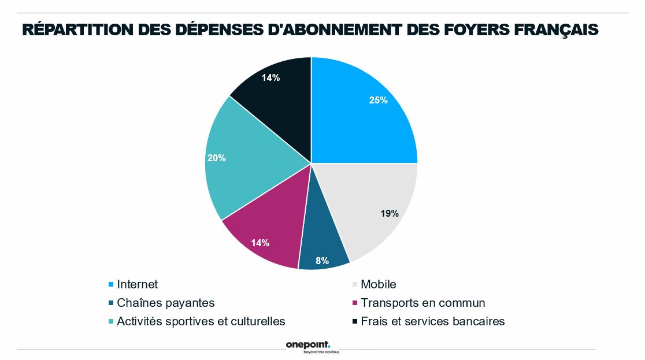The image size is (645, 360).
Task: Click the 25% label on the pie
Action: [x=378, y=100]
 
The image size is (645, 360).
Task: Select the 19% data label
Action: [x=390, y=213]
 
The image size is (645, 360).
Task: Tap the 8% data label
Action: [x=322, y=261]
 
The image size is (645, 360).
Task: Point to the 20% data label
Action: [x=216, y=158]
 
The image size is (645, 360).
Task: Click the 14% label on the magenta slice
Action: [x=260, y=243]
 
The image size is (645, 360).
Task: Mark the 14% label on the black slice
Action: [x=270, y=77]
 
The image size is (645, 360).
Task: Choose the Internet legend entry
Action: [x=137, y=284]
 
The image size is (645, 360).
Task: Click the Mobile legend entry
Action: [x=378, y=284]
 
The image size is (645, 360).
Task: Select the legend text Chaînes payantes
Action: [x=165, y=303]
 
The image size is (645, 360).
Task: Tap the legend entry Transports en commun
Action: [x=422, y=303]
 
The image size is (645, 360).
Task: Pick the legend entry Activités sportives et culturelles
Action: [x=201, y=321]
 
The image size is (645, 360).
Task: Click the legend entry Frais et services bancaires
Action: [x=432, y=321]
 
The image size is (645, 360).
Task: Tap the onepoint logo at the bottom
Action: [x=308, y=346]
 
